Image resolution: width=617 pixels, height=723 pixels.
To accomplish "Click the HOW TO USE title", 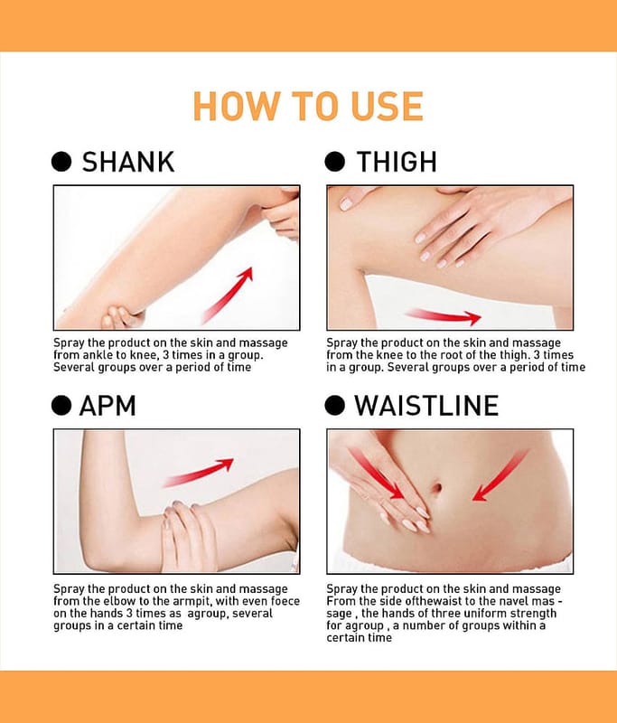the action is click(x=308, y=106).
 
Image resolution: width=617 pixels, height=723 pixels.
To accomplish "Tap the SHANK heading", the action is click(x=128, y=162).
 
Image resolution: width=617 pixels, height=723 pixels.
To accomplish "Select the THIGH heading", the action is click(x=397, y=162).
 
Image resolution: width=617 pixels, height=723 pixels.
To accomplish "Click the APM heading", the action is click(x=108, y=406).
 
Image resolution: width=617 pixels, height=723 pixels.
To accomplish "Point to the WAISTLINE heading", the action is click(x=426, y=406).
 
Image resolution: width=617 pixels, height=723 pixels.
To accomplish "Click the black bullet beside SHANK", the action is click(x=61, y=162).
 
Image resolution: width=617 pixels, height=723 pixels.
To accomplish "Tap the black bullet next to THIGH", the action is click(x=335, y=162).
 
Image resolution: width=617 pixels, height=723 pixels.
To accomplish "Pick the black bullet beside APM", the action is click(x=61, y=406).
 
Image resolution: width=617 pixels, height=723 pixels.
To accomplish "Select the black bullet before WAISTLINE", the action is click(x=335, y=406).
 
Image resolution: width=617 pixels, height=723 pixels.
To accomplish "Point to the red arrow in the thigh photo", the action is click(x=444, y=315).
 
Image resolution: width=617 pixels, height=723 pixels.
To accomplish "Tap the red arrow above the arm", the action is click(x=199, y=472).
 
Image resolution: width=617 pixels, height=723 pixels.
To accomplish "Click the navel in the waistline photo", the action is click(x=437, y=487).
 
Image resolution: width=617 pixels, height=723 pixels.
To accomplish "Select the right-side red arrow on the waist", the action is click(x=500, y=475).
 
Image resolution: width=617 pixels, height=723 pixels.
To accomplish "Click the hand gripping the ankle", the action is click(x=121, y=316).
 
